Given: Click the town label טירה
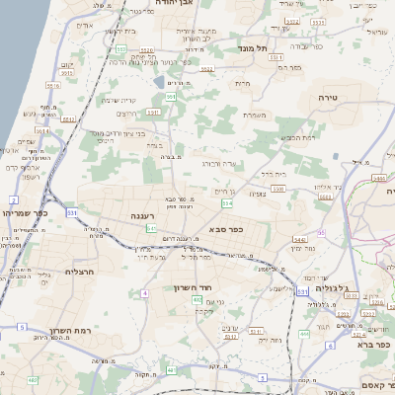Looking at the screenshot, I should click(x=328, y=98).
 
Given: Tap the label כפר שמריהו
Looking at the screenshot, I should click(x=24, y=212).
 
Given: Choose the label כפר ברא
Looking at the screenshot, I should click(x=371, y=345).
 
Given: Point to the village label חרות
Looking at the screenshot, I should click(x=243, y=84).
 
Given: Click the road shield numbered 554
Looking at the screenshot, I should click(x=227, y=203).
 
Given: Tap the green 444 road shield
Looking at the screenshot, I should click(x=304, y=334).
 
